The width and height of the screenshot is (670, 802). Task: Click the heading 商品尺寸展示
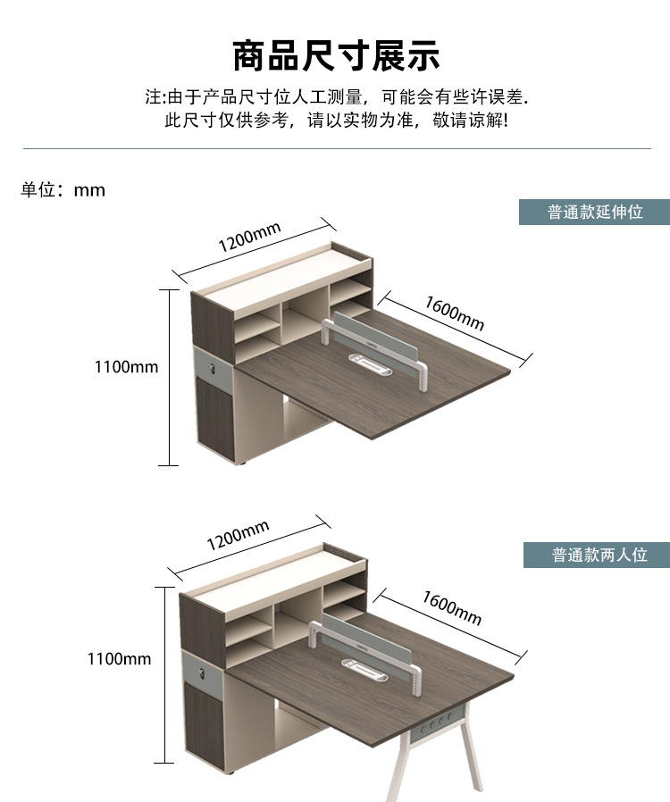[x=336, y=55]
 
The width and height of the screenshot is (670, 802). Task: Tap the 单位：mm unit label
[x=63, y=190]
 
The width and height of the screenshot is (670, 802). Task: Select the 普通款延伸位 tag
[x=595, y=213]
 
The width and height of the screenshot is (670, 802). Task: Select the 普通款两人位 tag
[x=598, y=555]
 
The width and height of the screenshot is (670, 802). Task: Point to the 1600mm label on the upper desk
[x=454, y=312]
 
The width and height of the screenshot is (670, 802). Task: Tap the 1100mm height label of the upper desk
[x=126, y=367]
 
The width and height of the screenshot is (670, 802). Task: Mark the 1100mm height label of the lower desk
[x=119, y=659]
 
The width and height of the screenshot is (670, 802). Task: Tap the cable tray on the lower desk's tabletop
[x=366, y=667]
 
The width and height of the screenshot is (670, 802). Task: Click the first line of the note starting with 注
[x=336, y=96]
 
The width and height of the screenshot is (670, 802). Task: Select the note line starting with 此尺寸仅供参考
[x=336, y=120]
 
